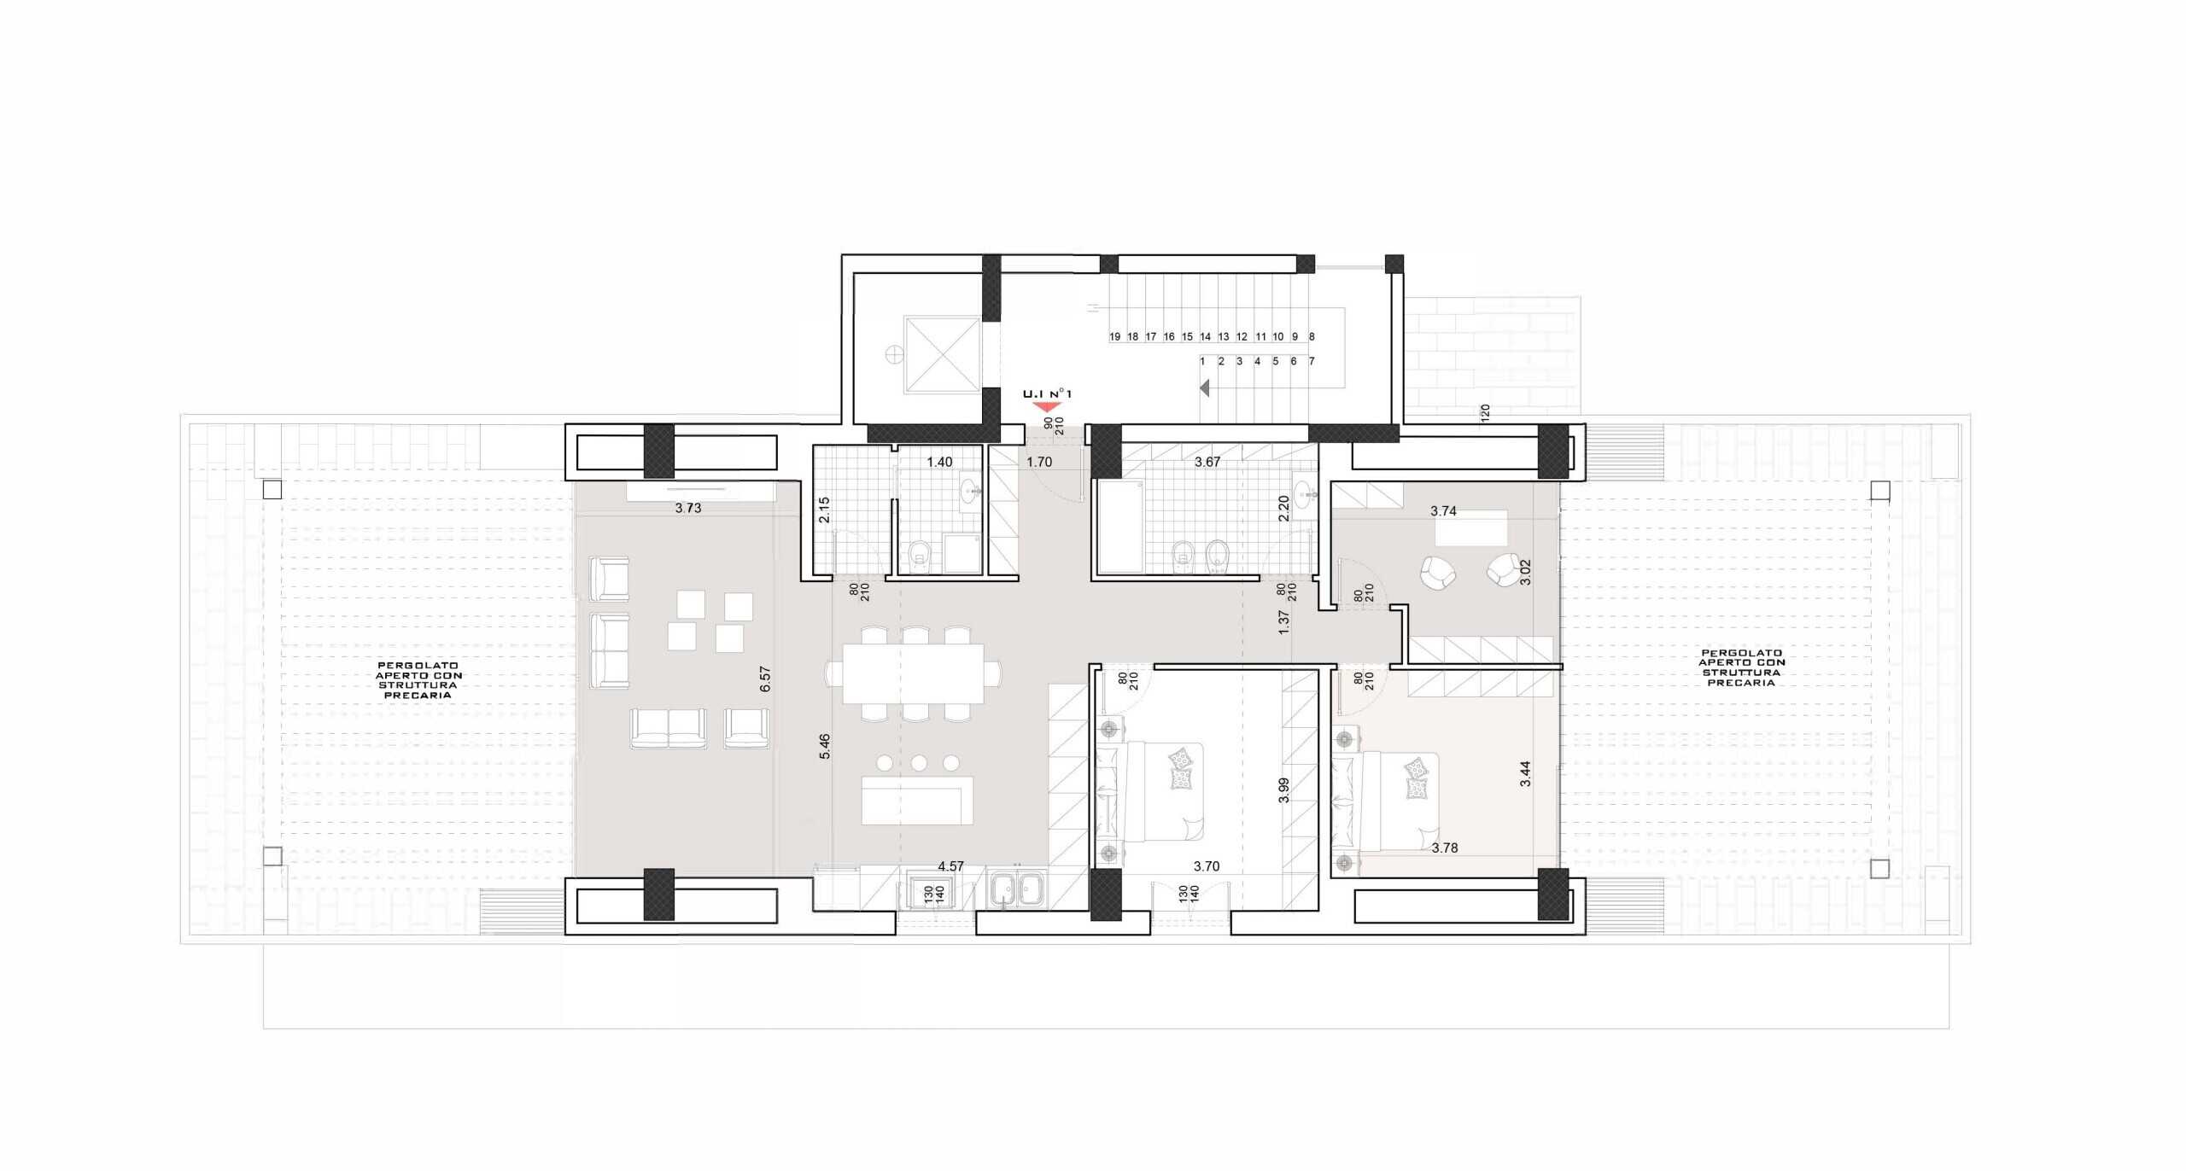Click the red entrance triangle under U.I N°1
tap(1047, 407)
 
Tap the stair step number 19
tap(1114, 337)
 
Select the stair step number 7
tap(1312, 361)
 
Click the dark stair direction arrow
tap(1205, 388)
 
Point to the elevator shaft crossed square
tap(942, 354)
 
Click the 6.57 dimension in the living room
tap(765, 679)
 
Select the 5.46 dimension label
tap(825, 747)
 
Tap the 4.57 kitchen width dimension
tap(950, 866)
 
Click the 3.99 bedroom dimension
tap(1284, 790)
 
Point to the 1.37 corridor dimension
tap(1284, 622)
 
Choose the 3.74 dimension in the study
tap(1443, 511)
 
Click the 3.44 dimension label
tap(1525, 773)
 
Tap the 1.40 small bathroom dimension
tap(939, 462)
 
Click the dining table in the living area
tap(913, 673)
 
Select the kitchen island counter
tap(917, 800)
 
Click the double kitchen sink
tap(1017, 890)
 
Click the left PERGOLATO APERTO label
tap(418, 680)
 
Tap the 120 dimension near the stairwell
tap(1485, 414)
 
